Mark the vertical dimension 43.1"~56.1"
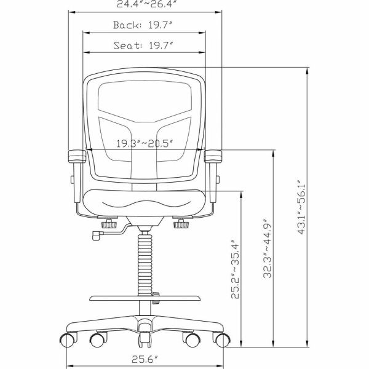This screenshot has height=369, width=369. [x=302, y=207]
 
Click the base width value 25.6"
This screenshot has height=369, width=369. [x=146, y=358]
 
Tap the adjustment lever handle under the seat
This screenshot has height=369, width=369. [x=97, y=234]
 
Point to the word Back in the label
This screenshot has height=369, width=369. [x=127, y=25]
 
